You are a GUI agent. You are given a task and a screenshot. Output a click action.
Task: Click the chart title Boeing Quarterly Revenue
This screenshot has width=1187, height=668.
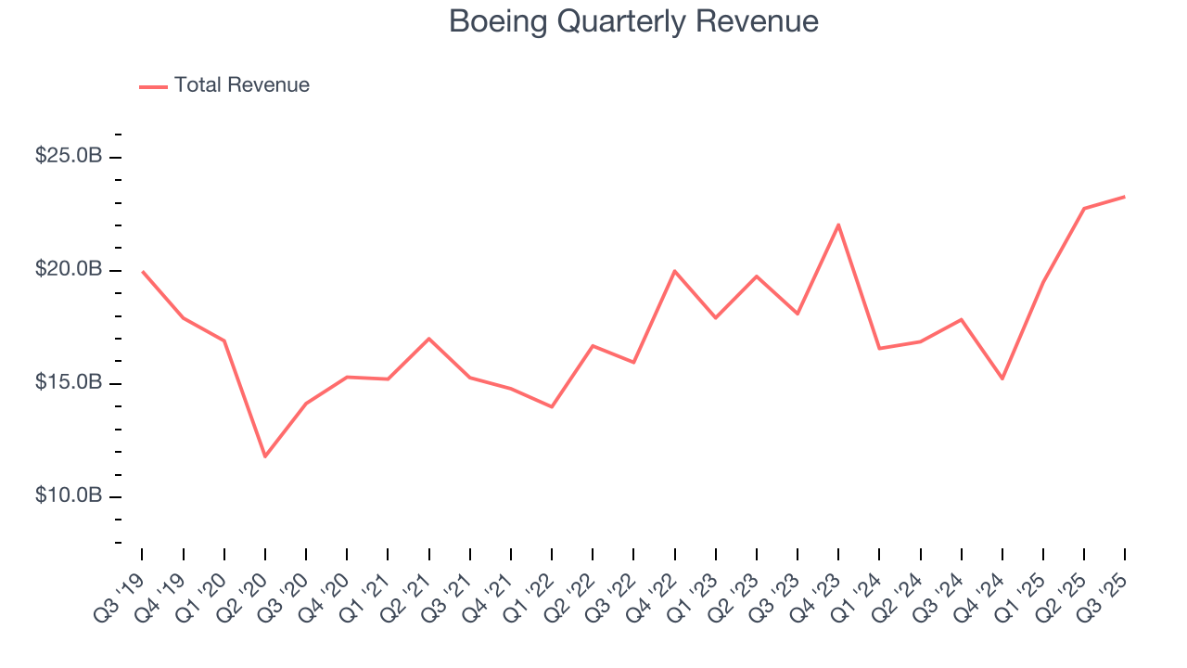tap(633, 21)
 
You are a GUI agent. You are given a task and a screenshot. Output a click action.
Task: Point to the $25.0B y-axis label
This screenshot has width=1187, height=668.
tap(69, 156)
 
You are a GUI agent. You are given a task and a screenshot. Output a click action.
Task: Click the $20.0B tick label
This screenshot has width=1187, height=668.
tap(69, 269)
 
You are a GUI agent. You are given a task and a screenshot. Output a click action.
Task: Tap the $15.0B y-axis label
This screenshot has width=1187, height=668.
tap(69, 382)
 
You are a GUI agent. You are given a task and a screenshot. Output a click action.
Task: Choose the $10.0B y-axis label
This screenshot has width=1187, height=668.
tap(69, 495)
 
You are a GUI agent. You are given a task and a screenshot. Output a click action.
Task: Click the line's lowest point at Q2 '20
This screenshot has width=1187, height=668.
tap(265, 456)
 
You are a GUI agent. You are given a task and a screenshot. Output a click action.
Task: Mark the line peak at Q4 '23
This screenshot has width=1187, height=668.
tap(838, 225)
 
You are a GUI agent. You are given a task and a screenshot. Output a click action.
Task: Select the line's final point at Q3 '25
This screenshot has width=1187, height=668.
tap(1125, 197)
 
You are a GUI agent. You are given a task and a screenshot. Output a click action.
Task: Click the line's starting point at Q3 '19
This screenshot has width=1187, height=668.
tap(142, 272)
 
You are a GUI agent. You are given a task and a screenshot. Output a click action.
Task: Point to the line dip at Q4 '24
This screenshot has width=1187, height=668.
tap(1002, 379)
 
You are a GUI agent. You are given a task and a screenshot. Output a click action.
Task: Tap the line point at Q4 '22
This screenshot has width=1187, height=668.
tap(674, 271)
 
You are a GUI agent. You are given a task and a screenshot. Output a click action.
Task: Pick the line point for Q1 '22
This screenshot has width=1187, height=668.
tap(552, 406)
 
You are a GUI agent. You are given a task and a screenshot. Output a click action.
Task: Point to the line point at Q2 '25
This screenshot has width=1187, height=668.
tap(1084, 209)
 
